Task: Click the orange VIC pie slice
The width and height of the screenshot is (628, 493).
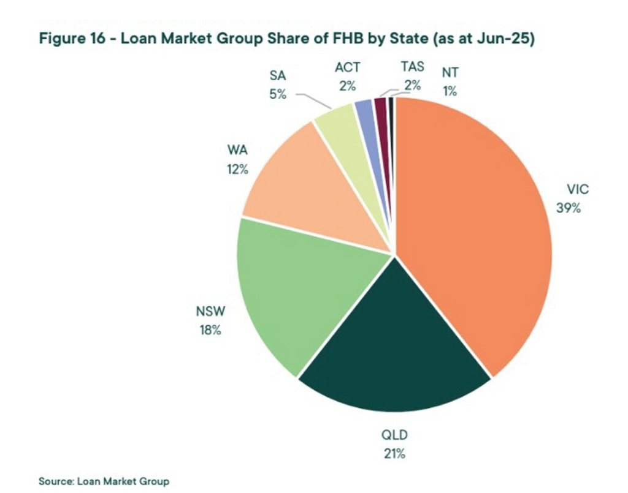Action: tap(472, 233)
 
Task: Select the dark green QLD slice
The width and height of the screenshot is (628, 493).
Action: tap(392, 343)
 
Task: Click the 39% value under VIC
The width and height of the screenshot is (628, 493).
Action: tap(568, 208)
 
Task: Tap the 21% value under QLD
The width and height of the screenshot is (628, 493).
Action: tap(393, 454)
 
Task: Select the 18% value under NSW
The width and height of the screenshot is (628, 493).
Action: tap(209, 330)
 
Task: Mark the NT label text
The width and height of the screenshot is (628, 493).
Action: tap(450, 73)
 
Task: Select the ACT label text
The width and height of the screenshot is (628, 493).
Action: tap(347, 67)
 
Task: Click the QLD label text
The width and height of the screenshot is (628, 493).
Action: tap(394, 435)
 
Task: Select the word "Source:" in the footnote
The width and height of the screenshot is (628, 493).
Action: tap(56, 481)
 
